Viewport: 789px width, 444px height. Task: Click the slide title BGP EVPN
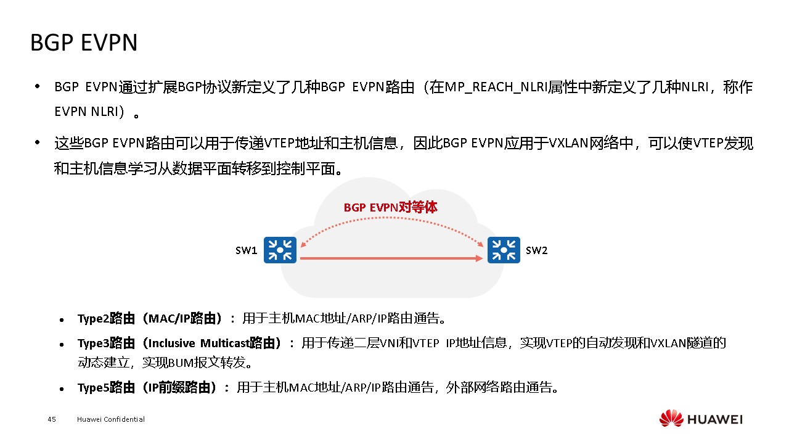pyautogui.click(x=84, y=43)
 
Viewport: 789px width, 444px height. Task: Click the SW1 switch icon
pyautogui.click(x=280, y=250)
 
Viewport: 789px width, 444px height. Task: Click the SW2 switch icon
pyautogui.click(x=504, y=250)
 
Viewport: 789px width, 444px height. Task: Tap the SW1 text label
pyautogui.click(x=246, y=250)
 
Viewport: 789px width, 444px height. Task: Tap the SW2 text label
pyautogui.click(x=536, y=250)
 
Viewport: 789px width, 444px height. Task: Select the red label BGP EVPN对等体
pyautogui.click(x=390, y=208)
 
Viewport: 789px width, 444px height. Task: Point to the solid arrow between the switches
pyautogui.click(x=390, y=259)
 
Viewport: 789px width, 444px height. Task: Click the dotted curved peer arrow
pyautogui.click(x=391, y=219)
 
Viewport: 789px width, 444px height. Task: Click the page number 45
pyautogui.click(x=52, y=419)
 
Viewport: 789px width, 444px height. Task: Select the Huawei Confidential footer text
pyautogui.click(x=111, y=419)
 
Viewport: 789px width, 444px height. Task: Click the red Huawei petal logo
pyautogui.click(x=671, y=419)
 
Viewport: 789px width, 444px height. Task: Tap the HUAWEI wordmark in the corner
pyautogui.click(x=715, y=419)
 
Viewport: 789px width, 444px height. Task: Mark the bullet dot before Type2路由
pyautogui.click(x=62, y=321)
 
